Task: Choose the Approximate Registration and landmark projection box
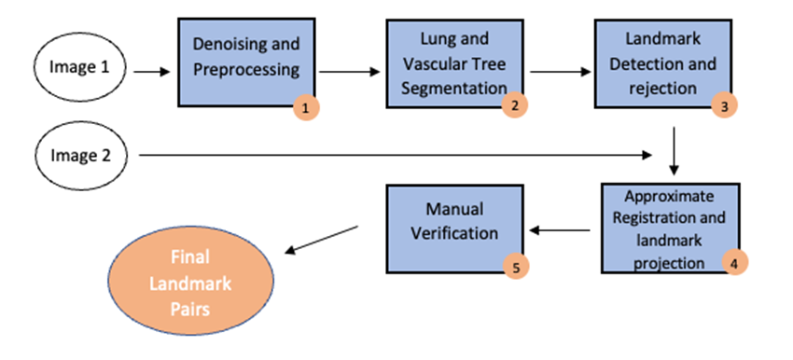(x=669, y=227)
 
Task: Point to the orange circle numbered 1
(x=305, y=108)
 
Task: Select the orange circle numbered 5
(x=515, y=267)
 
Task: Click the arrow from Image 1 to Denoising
(x=152, y=70)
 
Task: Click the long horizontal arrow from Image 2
(x=392, y=153)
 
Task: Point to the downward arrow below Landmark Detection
(x=675, y=149)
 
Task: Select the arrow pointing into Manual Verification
(x=559, y=230)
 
